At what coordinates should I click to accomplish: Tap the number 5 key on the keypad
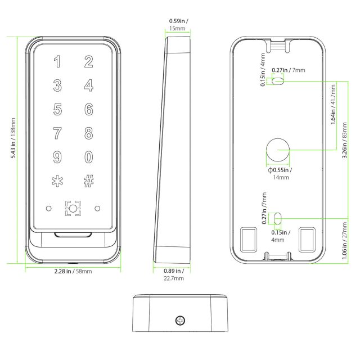click(57, 109)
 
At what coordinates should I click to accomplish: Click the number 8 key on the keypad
click(89, 133)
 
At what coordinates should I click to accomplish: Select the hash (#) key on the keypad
click(89, 181)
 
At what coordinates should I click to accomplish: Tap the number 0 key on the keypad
click(89, 157)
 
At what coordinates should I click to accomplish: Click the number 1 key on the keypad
click(57, 61)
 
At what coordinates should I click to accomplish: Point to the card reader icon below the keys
click(73, 209)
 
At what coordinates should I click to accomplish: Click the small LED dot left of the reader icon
click(49, 209)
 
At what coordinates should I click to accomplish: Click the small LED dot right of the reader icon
click(97, 209)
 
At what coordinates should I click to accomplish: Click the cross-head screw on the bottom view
click(180, 320)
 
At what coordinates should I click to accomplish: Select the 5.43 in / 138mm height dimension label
click(13, 138)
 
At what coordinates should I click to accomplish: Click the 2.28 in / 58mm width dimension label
click(73, 271)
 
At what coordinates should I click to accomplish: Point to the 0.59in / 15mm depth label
click(178, 25)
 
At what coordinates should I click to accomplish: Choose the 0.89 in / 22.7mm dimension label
click(174, 274)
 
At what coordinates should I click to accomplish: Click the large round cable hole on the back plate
click(278, 150)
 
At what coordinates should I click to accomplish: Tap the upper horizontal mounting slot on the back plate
click(277, 81)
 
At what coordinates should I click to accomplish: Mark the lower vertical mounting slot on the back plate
click(277, 218)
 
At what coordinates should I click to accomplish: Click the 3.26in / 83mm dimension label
click(344, 140)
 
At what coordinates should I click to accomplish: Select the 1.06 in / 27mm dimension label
click(344, 241)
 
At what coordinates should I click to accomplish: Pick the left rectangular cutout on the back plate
click(248, 240)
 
